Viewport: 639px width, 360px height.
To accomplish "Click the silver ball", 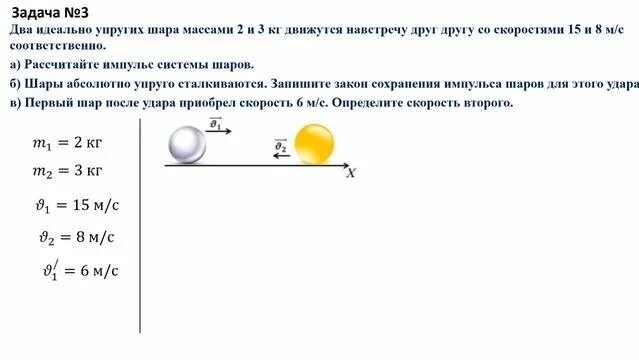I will tap(185, 145).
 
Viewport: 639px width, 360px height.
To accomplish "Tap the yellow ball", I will tap(316, 145).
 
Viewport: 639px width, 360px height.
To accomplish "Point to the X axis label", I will tap(351, 173).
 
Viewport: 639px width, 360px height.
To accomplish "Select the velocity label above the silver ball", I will tap(215, 124).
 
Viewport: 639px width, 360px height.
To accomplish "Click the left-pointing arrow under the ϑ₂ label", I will tap(281, 157).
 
